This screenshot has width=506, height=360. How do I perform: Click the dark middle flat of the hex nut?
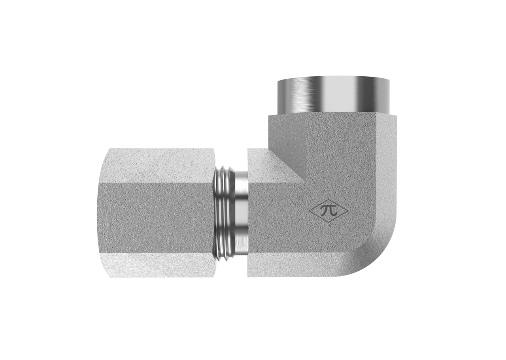tap(156, 218)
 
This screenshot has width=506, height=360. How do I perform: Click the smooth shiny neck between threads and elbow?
tap(242, 213)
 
